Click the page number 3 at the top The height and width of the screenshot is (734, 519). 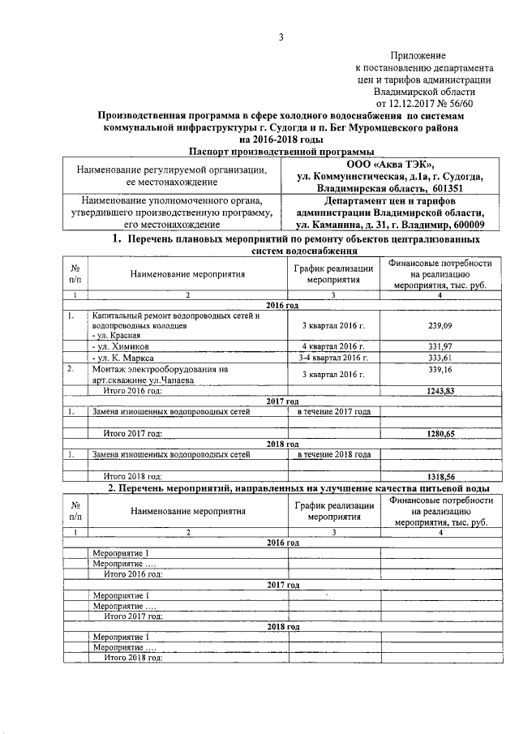pos(281,36)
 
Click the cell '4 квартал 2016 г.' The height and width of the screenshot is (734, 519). pos(333,346)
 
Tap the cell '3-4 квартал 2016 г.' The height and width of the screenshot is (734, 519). pos(333,357)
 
